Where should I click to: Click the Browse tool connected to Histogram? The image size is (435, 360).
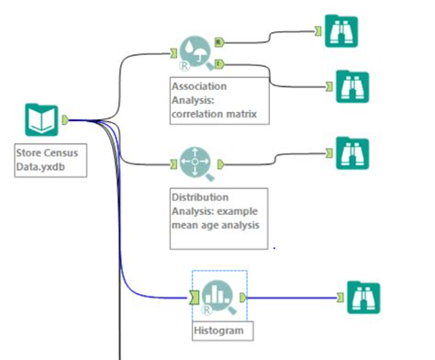click(x=363, y=298)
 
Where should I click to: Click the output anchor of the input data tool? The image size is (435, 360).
click(x=64, y=119)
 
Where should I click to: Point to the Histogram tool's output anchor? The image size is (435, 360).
click(x=242, y=297)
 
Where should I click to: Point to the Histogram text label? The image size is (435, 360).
click(x=221, y=328)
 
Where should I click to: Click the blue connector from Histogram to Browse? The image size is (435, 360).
click(x=294, y=297)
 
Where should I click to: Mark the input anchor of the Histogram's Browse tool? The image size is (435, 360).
click(x=340, y=297)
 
